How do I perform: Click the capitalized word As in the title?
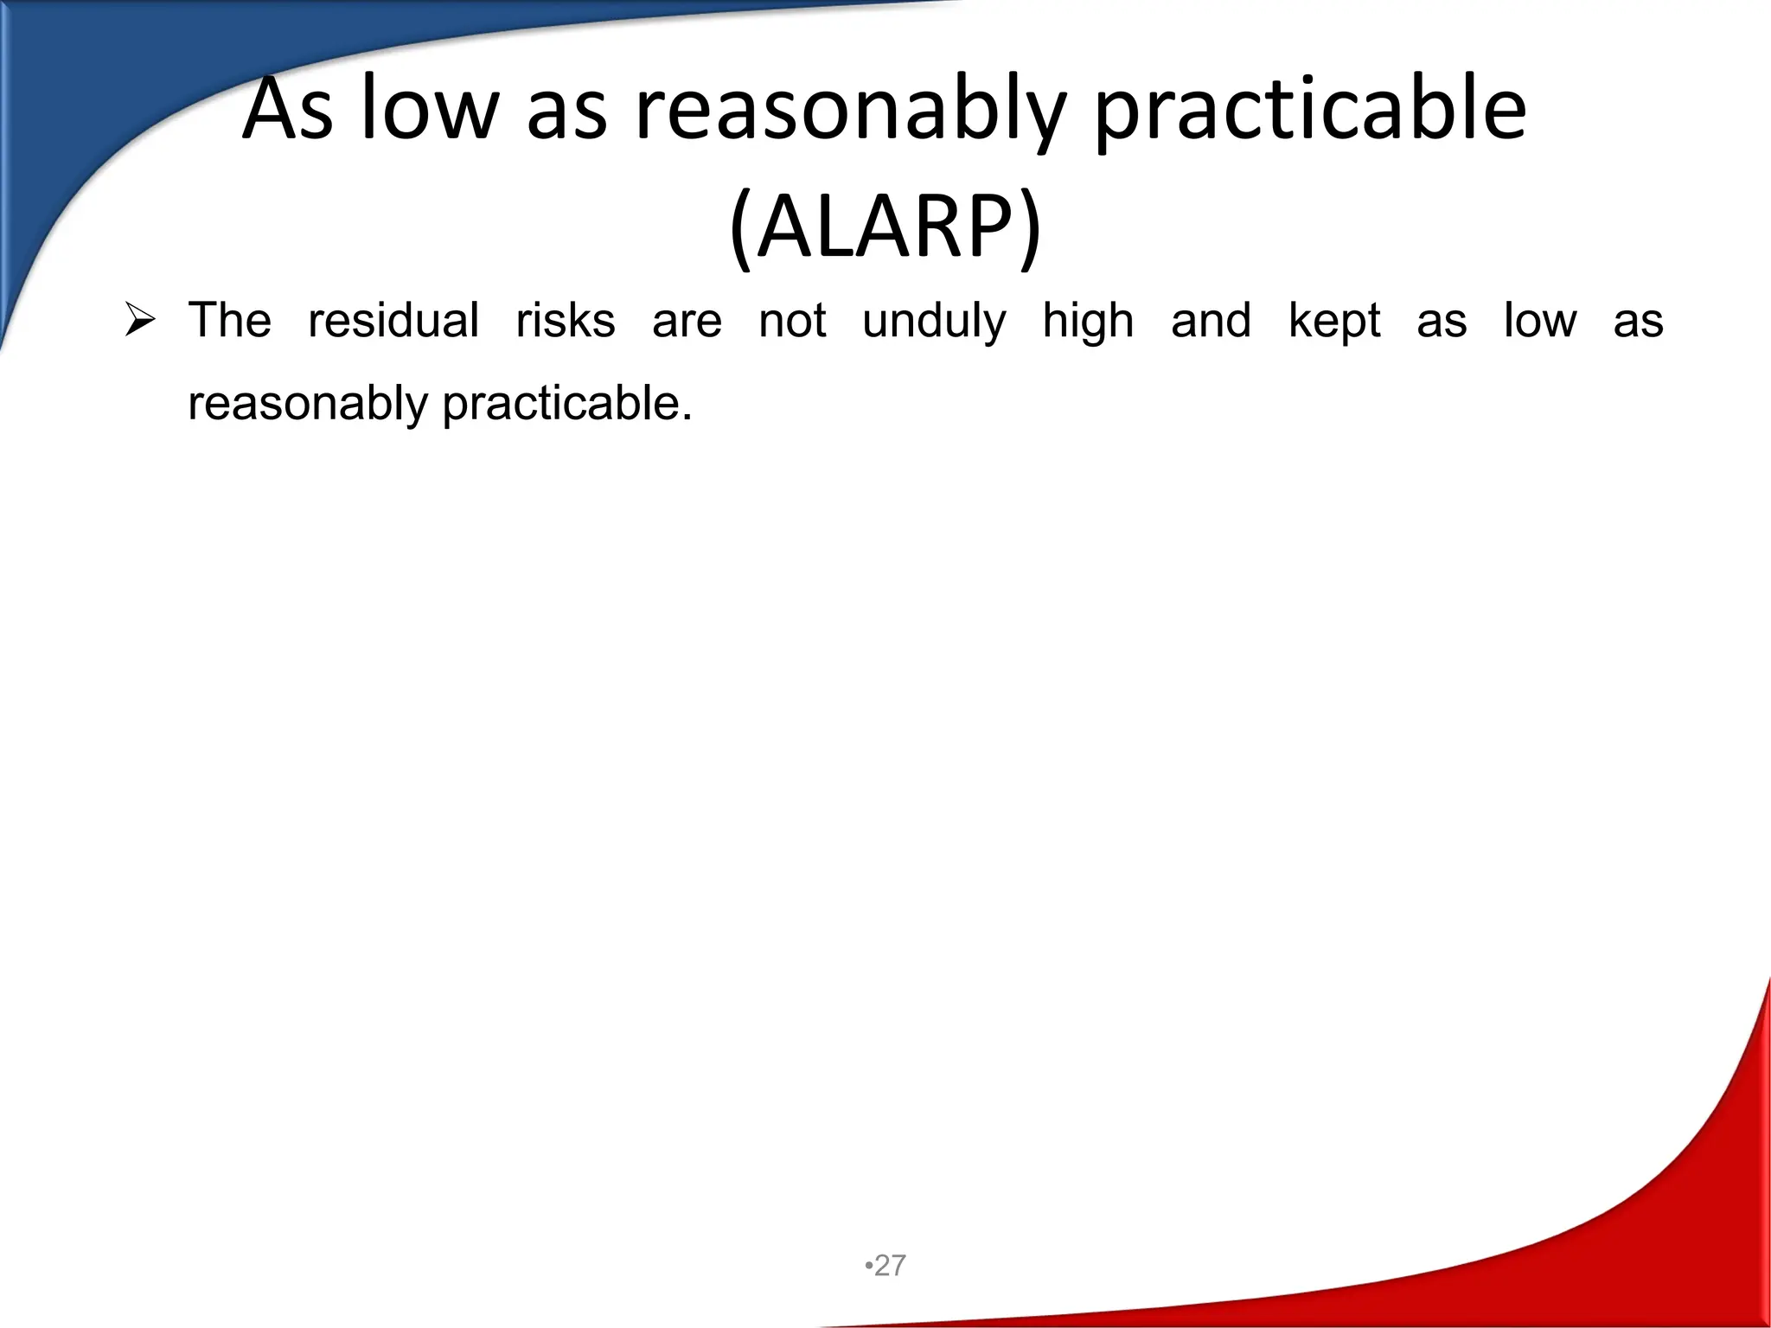click(x=287, y=111)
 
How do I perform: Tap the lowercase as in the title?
click(x=566, y=111)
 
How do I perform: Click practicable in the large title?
click(x=1310, y=111)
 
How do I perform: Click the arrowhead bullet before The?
click(x=139, y=322)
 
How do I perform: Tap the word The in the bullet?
click(x=229, y=320)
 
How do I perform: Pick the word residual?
click(x=393, y=320)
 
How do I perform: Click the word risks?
click(x=566, y=320)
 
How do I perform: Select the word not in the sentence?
click(x=792, y=320)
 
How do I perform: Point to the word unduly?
click(x=934, y=322)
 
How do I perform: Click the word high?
click(x=1088, y=322)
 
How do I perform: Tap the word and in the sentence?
click(x=1211, y=320)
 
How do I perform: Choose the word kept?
click(x=1334, y=322)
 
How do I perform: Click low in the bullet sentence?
click(x=1540, y=320)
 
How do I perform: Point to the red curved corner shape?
click(x=1643, y=1228)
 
